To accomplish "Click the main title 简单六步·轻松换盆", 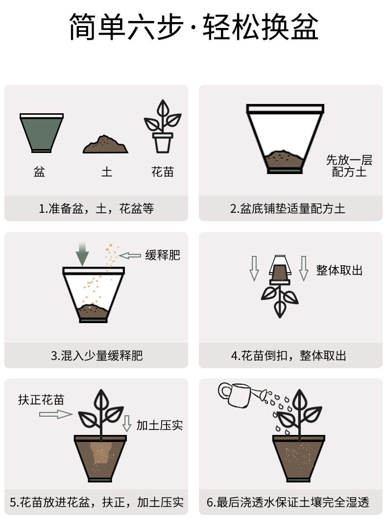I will coord(193,27).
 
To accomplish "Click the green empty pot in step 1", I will coord(42,133).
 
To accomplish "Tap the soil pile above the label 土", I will coord(105,145).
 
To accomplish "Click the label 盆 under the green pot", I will coord(40,172).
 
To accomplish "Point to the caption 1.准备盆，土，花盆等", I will coord(97,209).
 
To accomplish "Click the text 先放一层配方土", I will coord(349,166).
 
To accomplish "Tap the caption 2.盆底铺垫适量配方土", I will coord(288,209).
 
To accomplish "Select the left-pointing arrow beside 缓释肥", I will coord(130,255).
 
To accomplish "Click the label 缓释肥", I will coord(163,255).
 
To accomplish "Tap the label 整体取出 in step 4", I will coord(339,270).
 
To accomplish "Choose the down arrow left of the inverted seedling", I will coord(254,268).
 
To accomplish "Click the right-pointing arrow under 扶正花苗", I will coord(55,414).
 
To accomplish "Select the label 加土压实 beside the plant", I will coord(160,425).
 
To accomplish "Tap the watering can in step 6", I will coord(240,395).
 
